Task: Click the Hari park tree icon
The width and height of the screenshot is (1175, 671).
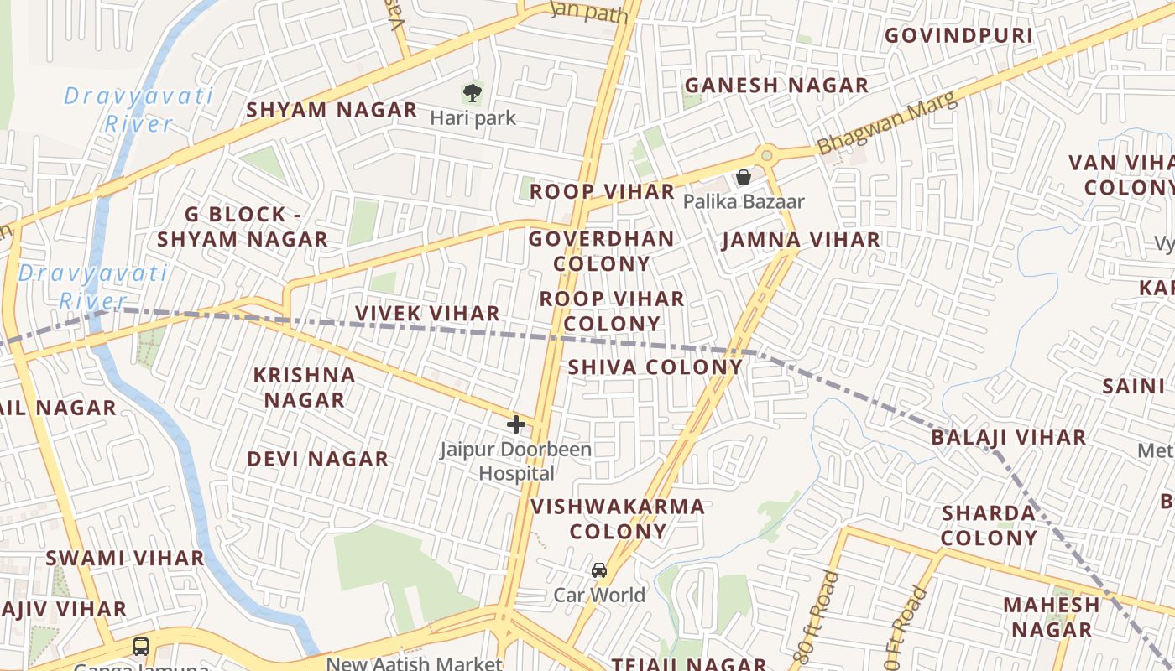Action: tap(473, 92)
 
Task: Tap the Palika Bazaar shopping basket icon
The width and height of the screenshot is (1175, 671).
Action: tap(743, 177)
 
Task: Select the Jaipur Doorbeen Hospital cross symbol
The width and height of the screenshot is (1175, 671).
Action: tap(516, 424)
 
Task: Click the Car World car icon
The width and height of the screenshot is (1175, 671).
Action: tap(599, 570)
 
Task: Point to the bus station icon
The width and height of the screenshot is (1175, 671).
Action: tap(141, 647)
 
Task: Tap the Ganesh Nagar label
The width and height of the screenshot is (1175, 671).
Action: tap(776, 86)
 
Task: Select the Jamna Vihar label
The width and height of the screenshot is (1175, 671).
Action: tap(802, 240)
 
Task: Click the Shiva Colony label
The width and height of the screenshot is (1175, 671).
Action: tap(655, 367)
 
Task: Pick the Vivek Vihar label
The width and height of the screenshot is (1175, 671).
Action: tap(427, 314)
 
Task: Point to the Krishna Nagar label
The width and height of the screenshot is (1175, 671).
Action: tap(305, 388)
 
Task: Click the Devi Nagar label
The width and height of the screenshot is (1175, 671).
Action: tap(317, 459)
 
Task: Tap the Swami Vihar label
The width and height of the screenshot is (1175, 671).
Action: tap(125, 558)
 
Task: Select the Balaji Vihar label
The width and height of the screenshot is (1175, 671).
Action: tap(1008, 437)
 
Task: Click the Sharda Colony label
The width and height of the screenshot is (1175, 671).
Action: tap(989, 525)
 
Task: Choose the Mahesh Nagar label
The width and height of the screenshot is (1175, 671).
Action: tap(1051, 616)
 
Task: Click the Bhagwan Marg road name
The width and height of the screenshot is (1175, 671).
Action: tap(887, 124)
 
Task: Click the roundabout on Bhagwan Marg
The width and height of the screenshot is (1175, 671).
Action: tap(765, 155)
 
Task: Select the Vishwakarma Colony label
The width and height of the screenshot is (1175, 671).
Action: tap(618, 518)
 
